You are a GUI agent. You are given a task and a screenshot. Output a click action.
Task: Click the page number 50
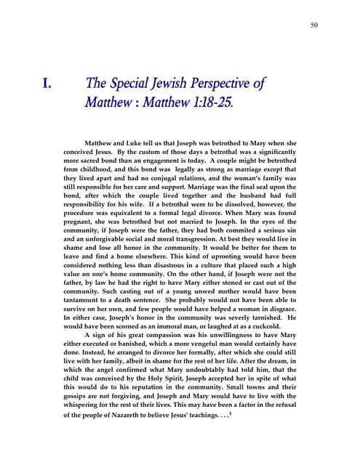pos(314,26)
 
